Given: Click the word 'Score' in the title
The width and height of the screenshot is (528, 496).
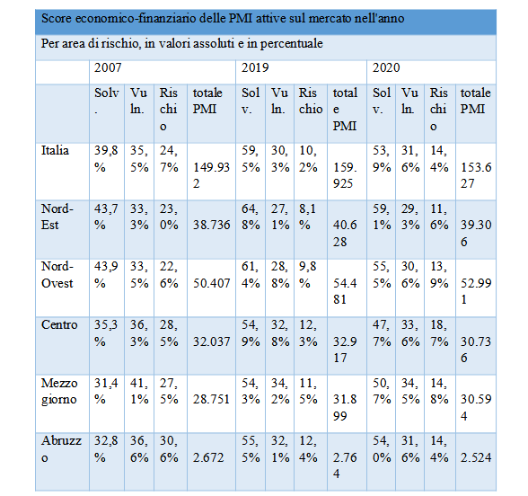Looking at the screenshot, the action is pyautogui.click(x=57, y=18).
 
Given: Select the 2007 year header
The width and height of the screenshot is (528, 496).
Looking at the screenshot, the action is pyautogui.click(x=108, y=67).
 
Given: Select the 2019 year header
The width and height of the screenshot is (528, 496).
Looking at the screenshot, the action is pyautogui.click(x=255, y=67).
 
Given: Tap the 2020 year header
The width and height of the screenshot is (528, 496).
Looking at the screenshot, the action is pyautogui.click(x=386, y=67).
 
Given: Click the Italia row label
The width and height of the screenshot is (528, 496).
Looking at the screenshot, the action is pyautogui.click(x=55, y=150).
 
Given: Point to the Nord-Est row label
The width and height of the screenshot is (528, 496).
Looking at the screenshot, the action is pyautogui.click(x=57, y=217).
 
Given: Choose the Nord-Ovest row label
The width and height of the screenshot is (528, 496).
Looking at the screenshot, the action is pyautogui.click(x=57, y=275).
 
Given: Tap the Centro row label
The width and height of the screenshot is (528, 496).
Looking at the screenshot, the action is pyautogui.click(x=59, y=325).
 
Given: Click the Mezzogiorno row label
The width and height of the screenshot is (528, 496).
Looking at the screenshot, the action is pyautogui.click(x=59, y=391).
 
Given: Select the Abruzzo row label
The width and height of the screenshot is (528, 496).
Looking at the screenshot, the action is pyautogui.click(x=61, y=449).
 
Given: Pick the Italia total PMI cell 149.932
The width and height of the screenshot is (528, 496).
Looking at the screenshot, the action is pyautogui.click(x=211, y=175).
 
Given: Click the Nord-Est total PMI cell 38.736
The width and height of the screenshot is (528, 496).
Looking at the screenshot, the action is pyautogui.click(x=212, y=225).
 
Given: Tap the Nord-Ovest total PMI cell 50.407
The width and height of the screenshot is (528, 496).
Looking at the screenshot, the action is pyautogui.click(x=212, y=283).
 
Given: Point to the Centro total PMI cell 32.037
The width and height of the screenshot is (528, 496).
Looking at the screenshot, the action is pyautogui.click(x=212, y=341).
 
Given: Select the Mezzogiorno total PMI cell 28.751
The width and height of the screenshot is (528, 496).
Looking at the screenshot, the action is pyautogui.click(x=211, y=400).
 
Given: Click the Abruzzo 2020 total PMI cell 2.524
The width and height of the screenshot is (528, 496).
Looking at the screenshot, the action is pyautogui.click(x=476, y=457).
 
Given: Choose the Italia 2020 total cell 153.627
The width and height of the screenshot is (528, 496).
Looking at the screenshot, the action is pyautogui.click(x=476, y=175).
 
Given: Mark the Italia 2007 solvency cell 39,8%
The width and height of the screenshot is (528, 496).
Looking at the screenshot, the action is pyautogui.click(x=106, y=159).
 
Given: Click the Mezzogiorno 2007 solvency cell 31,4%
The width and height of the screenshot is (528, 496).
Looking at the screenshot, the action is pyautogui.click(x=106, y=391).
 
